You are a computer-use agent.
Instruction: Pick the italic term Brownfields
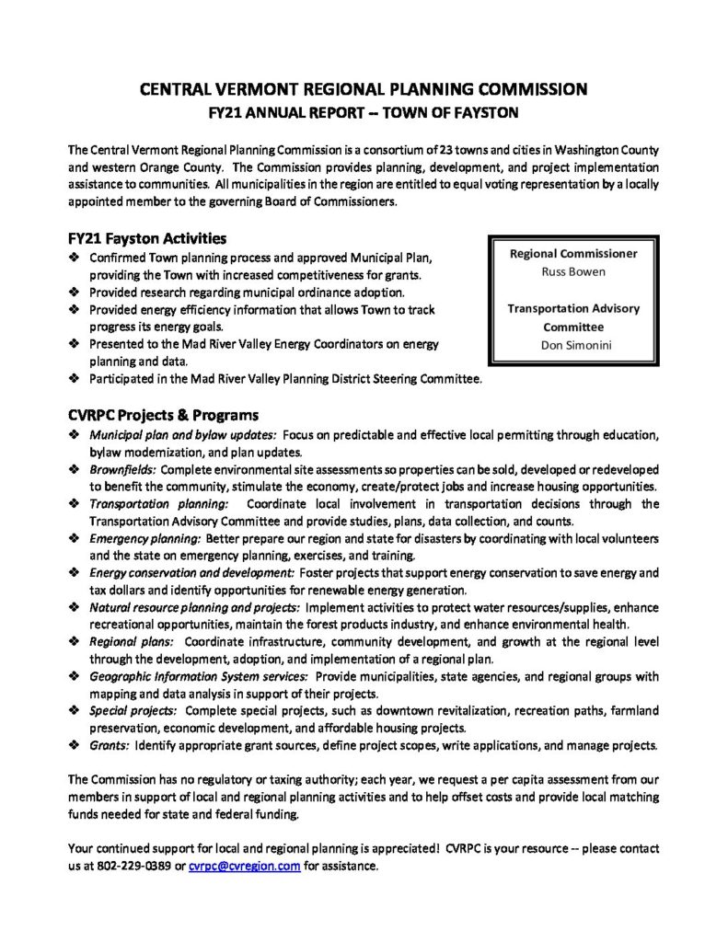[122, 468]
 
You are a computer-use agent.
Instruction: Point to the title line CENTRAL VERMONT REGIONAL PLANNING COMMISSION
[363, 90]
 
